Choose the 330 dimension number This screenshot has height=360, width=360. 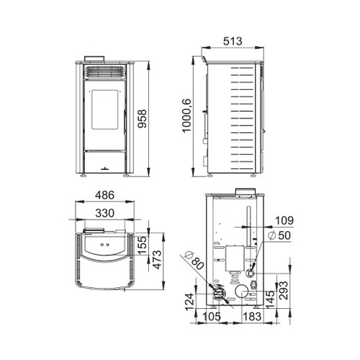[105, 213]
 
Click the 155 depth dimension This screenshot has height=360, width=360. [143, 245]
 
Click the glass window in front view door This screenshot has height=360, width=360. [105, 114]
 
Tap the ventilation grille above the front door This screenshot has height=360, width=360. [105, 73]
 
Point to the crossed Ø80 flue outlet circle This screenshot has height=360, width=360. [217, 294]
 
